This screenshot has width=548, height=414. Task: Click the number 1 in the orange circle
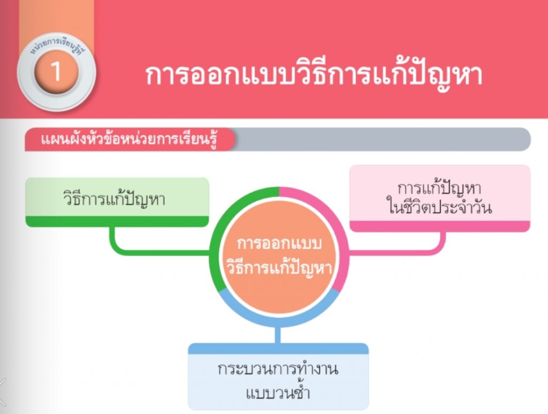[56, 71]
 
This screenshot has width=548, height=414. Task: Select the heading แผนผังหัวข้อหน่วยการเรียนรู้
[129, 139]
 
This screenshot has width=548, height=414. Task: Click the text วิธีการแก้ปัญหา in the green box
[115, 199]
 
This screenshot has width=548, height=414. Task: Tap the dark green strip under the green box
[117, 221]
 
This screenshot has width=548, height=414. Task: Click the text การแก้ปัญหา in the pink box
[439, 189]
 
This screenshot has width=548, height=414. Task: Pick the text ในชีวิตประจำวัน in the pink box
[440, 207]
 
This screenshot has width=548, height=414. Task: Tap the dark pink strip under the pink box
[440, 226]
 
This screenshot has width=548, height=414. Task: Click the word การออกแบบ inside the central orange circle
[279, 243]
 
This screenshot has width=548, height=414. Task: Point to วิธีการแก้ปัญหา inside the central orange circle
[278, 268]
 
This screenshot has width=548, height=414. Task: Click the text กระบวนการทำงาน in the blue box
[278, 369]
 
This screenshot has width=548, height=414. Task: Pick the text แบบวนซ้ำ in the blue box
[278, 393]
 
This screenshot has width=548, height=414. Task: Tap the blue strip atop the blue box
[278, 348]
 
